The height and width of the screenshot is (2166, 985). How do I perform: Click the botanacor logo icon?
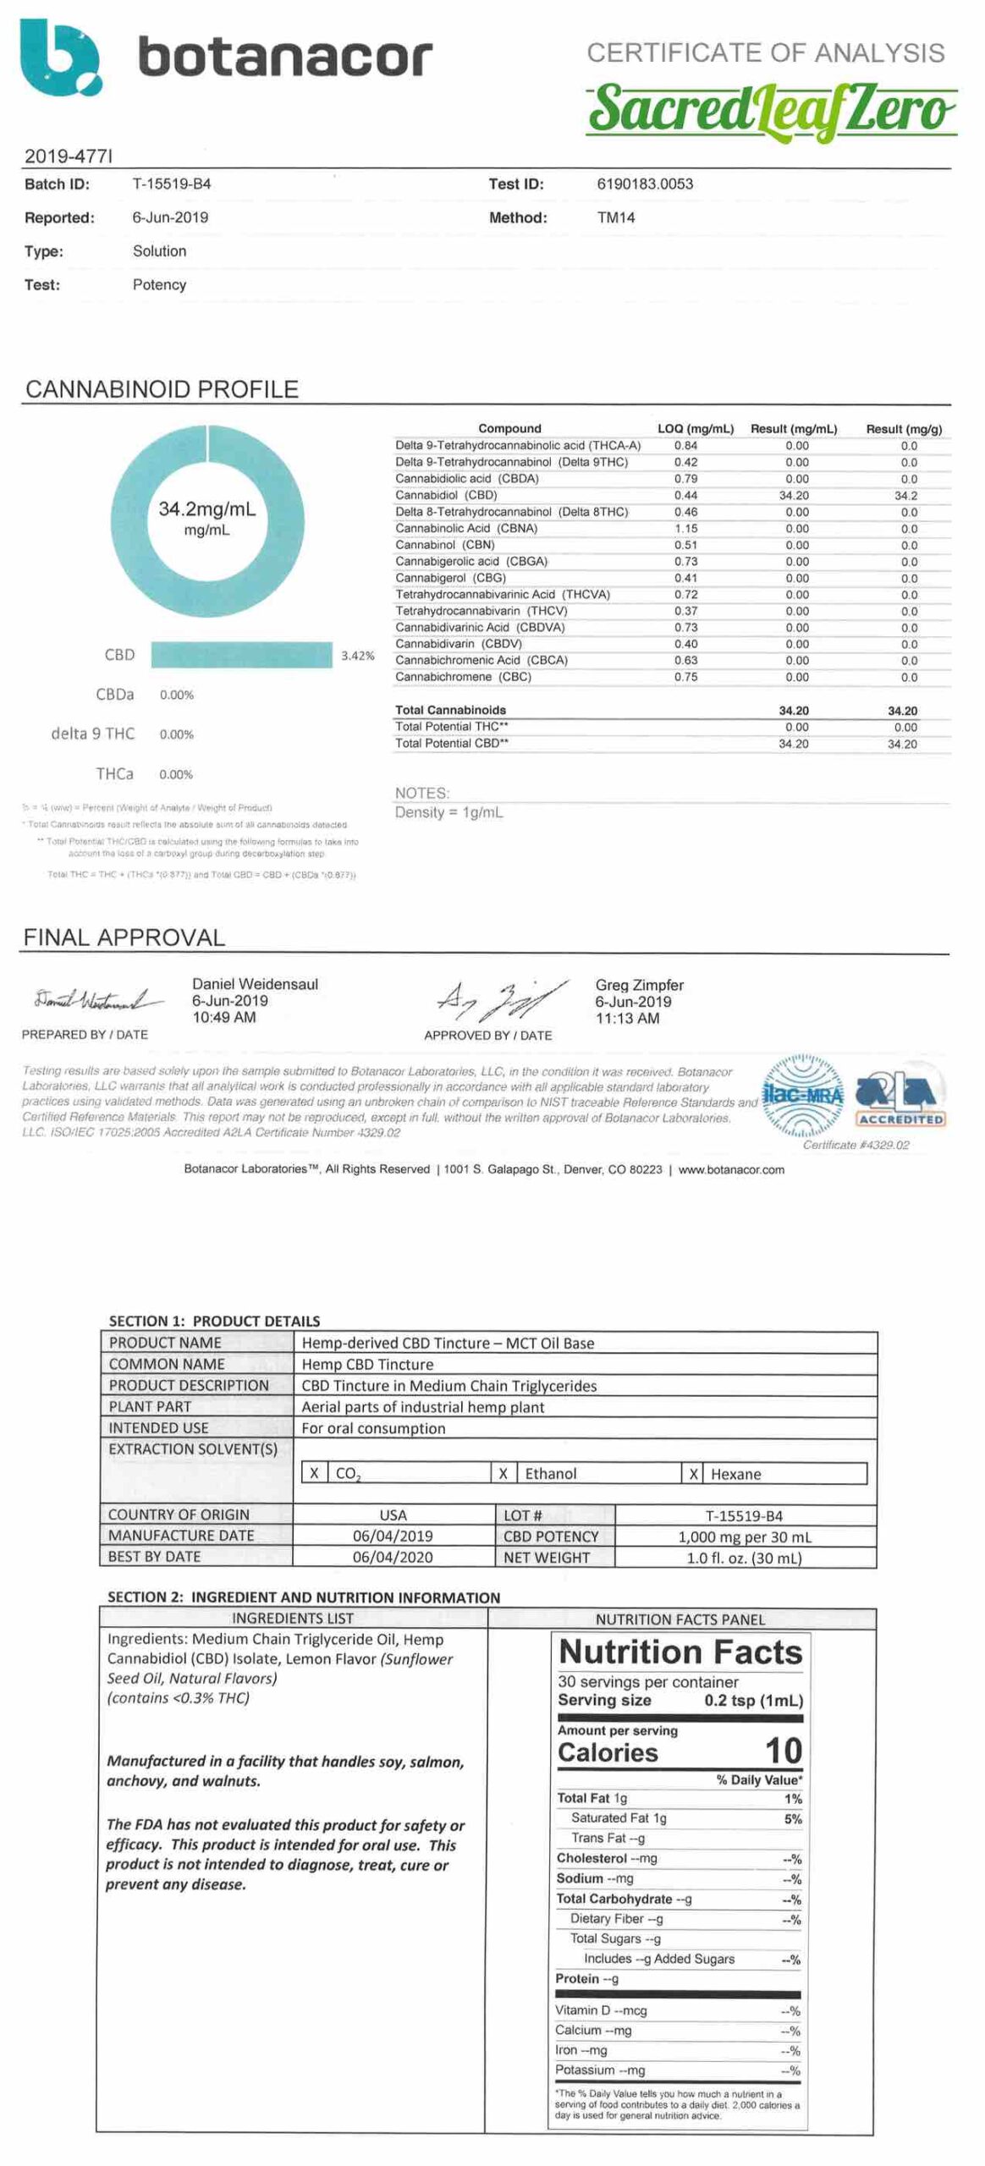coord(59,58)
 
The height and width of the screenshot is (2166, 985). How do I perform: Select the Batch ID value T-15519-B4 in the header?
coord(172,184)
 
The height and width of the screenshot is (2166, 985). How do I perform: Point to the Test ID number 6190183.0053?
coord(645,184)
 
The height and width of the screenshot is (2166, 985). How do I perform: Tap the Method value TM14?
coord(616,217)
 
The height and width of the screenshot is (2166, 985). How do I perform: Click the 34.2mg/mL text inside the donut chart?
coord(206,509)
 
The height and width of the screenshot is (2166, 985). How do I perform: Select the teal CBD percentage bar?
coord(242,655)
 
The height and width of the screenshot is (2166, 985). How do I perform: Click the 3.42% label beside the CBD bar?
coord(357,656)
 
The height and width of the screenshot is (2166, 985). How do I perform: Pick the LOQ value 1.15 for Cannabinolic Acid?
coord(686,528)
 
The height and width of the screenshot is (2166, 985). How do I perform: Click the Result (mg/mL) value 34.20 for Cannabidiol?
coord(794,495)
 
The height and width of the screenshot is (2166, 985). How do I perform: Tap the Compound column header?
coord(509,428)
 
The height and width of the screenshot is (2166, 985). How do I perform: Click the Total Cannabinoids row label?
coord(450,710)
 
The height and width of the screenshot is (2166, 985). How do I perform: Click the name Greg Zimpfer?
coord(639,985)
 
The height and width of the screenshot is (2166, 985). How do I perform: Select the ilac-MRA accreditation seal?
coord(803,1095)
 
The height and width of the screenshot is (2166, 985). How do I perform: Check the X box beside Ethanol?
coord(504,1473)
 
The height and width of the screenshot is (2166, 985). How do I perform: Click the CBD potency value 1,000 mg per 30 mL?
coord(745,1537)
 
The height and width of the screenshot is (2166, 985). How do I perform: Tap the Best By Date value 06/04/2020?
coord(393,1557)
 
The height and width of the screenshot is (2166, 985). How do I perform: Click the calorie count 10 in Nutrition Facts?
coord(783,1750)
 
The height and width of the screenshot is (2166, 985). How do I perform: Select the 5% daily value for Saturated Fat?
coord(793,1818)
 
